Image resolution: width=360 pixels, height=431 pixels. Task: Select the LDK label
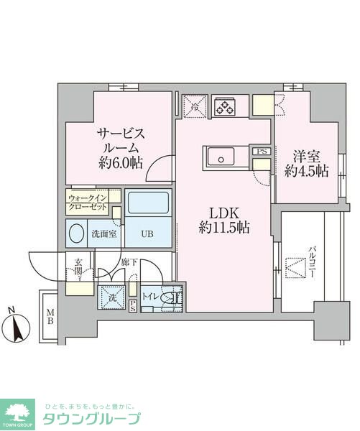point(223,213)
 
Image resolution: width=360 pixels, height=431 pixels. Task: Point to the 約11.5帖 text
point(223,229)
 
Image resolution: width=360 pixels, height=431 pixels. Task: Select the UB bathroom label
point(147,234)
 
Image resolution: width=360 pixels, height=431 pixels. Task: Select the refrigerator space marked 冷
point(194,106)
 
